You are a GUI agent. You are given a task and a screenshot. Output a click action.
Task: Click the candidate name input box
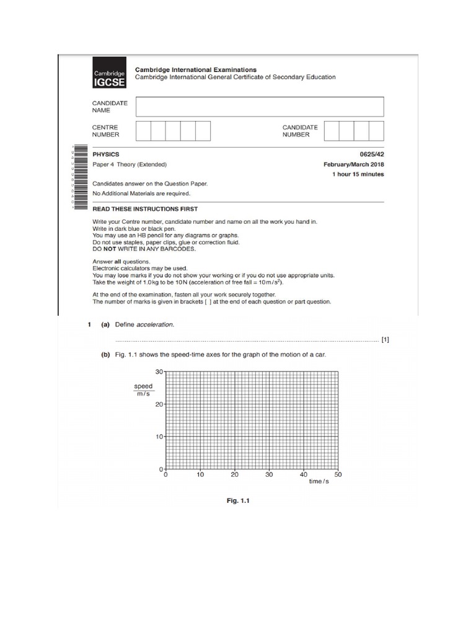(x=259, y=107)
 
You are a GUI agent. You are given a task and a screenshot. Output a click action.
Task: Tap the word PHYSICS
(x=105, y=154)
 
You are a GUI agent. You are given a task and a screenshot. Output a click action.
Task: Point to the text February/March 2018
(x=354, y=164)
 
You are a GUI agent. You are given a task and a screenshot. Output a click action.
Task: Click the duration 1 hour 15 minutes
(x=358, y=174)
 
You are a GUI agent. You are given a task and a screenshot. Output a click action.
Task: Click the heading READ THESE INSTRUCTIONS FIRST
(x=145, y=209)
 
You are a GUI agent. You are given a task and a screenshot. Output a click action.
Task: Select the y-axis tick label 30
(x=159, y=371)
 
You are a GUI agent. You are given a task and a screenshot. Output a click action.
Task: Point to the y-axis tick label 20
(x=159, y=404)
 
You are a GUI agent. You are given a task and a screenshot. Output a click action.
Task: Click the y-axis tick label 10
(x=159, y=437)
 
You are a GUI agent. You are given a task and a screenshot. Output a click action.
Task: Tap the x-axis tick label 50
(x=338, y=474)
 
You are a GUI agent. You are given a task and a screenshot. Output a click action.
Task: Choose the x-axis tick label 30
(x=269, y=474)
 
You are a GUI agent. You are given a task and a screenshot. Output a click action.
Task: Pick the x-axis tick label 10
(x=200, y=474)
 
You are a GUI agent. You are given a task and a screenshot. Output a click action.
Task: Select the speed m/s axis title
(x=143, y=390)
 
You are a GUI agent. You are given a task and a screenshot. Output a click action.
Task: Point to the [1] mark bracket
(x=385, y=340)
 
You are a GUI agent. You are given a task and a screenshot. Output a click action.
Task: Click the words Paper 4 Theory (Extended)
(x=130, y=164)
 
